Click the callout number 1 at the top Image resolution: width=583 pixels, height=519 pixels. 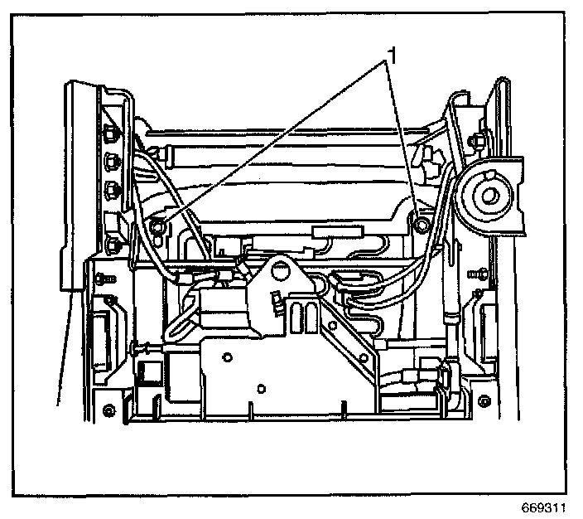[394, 56]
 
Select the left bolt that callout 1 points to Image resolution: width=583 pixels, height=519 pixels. [158, 224]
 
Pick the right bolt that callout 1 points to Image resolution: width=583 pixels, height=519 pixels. [421, 223]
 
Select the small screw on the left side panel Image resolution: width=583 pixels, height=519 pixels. [103, 277]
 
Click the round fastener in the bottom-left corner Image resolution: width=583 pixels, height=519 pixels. [108, 412]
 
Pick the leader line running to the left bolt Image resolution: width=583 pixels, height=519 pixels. [273, 141]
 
